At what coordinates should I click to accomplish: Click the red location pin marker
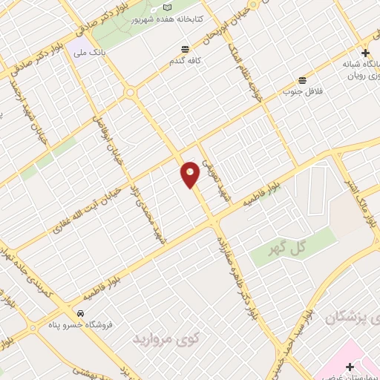191,174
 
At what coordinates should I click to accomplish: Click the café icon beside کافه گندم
182,50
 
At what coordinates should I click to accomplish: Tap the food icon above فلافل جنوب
301,80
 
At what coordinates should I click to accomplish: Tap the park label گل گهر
288,249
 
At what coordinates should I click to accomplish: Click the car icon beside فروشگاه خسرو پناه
80,312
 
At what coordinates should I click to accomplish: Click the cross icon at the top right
365,53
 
